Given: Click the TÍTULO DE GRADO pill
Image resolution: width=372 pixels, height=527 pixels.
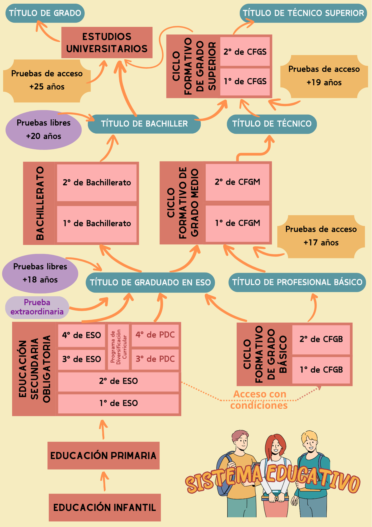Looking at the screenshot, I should pyautogui.click(x=45, y=13).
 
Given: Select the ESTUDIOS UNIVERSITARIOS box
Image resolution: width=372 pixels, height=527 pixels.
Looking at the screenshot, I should pyautogui.click(x=107, y=42).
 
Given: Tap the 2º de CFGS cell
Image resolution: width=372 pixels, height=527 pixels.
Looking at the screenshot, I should pyautogui.click(x=245, y=52).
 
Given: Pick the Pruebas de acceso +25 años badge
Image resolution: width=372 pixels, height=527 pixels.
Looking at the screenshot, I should pyautogui.click(x=47, y=80).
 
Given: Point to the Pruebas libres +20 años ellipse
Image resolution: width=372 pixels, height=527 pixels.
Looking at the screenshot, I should pyautogui.click(x=44, y=130).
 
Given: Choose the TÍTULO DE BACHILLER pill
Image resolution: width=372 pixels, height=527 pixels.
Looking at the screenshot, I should pyautogui.click(x=144, y=124).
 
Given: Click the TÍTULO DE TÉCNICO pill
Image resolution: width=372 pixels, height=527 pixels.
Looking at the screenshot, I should pyautogui.click(x=272, y=124).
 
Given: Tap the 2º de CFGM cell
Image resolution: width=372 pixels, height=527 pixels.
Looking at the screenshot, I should pyautogui.click(x=237, y=182).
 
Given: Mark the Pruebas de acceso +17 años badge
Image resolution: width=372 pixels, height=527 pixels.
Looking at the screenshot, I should pyautogui.click(x=321, y=236).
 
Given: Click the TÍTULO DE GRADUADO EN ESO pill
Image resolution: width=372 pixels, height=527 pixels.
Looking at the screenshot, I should pyautogui.click(x=150, y=282).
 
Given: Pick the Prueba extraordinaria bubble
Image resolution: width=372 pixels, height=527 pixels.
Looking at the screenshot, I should pyautogui.click(x=37, y=307).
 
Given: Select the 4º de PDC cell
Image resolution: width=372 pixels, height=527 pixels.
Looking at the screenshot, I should pyautogui.click(x=155, y=335).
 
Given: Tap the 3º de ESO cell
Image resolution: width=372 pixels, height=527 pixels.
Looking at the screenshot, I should pyautogui.click(x=81, y=359).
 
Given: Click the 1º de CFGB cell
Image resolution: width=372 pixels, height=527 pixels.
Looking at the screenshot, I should pyautogui.click(x=321, y=370).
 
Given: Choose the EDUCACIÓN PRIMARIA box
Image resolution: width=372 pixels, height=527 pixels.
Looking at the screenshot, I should pyautogui.click(x=103, y=456).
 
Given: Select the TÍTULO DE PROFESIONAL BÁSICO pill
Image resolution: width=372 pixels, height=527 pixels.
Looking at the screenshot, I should pyautogui.click(x=297, y=282).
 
